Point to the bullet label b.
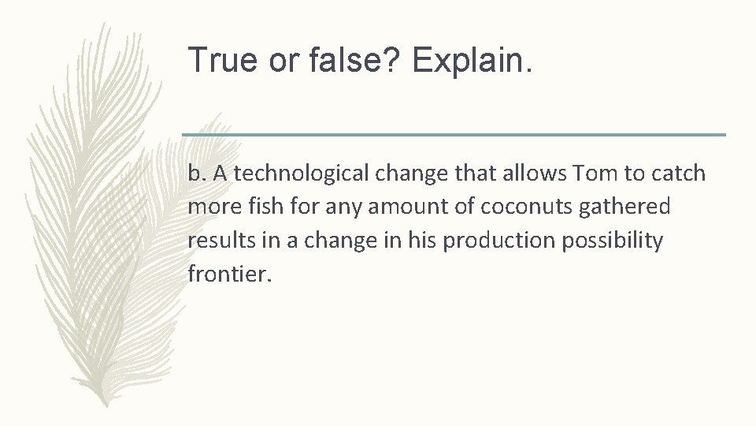197,174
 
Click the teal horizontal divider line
454,135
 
